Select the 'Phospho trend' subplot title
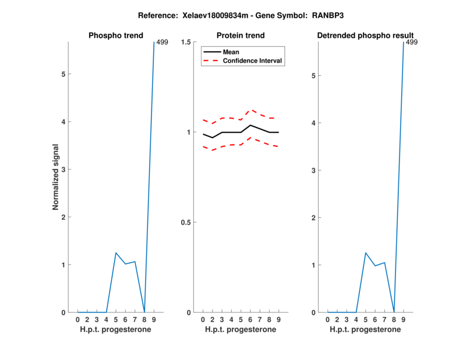(x=115, y=36)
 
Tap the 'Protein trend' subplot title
(x=240, y=36)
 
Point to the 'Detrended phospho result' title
(x=365, y=36)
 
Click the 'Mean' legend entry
(x=231, y=52)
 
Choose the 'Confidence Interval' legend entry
(x=253, y=61)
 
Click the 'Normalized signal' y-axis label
(x=56, y=177)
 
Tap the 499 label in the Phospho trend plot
(x=163, y=43)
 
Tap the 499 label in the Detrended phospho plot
(x=411, y=43)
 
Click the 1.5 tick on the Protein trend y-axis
(x=188, y=42)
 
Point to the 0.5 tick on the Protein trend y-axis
(x=188, y=223)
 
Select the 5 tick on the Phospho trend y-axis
(x=63, y=74)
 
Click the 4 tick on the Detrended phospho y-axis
(x=313, y=123)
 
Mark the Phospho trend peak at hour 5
(x=116, y=253)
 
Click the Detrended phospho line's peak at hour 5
(x=366, y=253)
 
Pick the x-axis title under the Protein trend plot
(x=240, y=330)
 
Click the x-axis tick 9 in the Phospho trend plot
(x=154, y=320)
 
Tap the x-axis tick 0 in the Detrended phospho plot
(x=327, y=320)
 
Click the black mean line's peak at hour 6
(x=250, y=125)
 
